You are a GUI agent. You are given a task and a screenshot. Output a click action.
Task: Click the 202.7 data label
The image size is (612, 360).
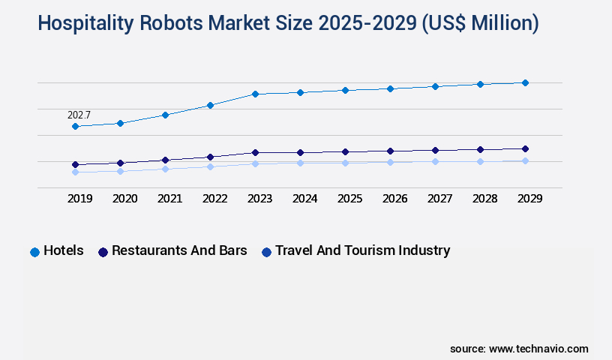point(79,115)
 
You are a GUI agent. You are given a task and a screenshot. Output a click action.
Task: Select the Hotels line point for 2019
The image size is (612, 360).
point(75,127)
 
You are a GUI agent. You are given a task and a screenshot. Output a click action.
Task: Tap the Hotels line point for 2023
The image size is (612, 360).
point(255,94)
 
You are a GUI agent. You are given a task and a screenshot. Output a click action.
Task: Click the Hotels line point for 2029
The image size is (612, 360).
point(525,82)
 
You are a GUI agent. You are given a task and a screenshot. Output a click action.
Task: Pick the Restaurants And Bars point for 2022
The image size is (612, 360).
point(210,157)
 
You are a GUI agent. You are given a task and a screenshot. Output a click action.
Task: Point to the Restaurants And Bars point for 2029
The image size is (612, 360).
point(525,148)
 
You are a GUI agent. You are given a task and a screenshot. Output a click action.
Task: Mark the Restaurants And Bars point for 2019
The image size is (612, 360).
point(75,164)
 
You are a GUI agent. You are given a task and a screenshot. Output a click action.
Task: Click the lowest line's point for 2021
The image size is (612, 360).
point(165,169)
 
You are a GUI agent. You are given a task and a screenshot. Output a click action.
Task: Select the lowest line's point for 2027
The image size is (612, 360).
point(435,161)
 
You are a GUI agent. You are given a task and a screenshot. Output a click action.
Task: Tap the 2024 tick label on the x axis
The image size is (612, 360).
point(304,199)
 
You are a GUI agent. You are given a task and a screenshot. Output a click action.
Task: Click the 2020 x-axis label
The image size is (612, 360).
point(124,199)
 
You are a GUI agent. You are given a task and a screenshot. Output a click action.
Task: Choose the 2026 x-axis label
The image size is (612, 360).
point(394,199)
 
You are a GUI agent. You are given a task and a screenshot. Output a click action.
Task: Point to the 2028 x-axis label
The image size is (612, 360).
point(484,199)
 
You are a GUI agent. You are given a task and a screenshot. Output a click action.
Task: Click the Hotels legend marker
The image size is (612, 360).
point(34,252)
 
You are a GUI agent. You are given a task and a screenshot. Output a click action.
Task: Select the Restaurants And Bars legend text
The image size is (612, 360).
point(179,250)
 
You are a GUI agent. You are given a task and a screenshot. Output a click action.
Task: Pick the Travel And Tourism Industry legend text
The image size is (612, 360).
point(362,250)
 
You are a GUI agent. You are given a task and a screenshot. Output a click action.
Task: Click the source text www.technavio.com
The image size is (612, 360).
point(538,349)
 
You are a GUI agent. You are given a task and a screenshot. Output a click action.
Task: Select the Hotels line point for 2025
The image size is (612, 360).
point(345,90)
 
